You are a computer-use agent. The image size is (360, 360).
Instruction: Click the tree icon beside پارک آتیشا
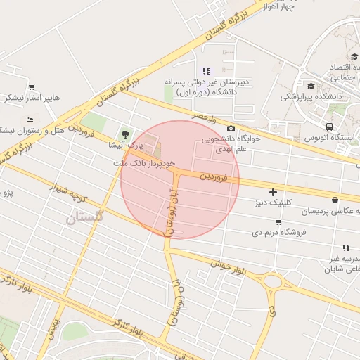[126, 134]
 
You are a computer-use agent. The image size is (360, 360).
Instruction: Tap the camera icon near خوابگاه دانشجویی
[231, 128]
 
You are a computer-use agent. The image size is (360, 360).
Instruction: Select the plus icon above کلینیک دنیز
[273, 192]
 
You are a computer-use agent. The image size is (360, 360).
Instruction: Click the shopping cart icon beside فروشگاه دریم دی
[278, 222]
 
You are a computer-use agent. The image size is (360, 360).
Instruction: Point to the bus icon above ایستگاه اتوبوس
[329, 127]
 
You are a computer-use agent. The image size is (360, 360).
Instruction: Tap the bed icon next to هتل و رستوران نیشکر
[30, 120]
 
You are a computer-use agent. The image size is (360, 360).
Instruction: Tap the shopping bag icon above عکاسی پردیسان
[335, 200]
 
